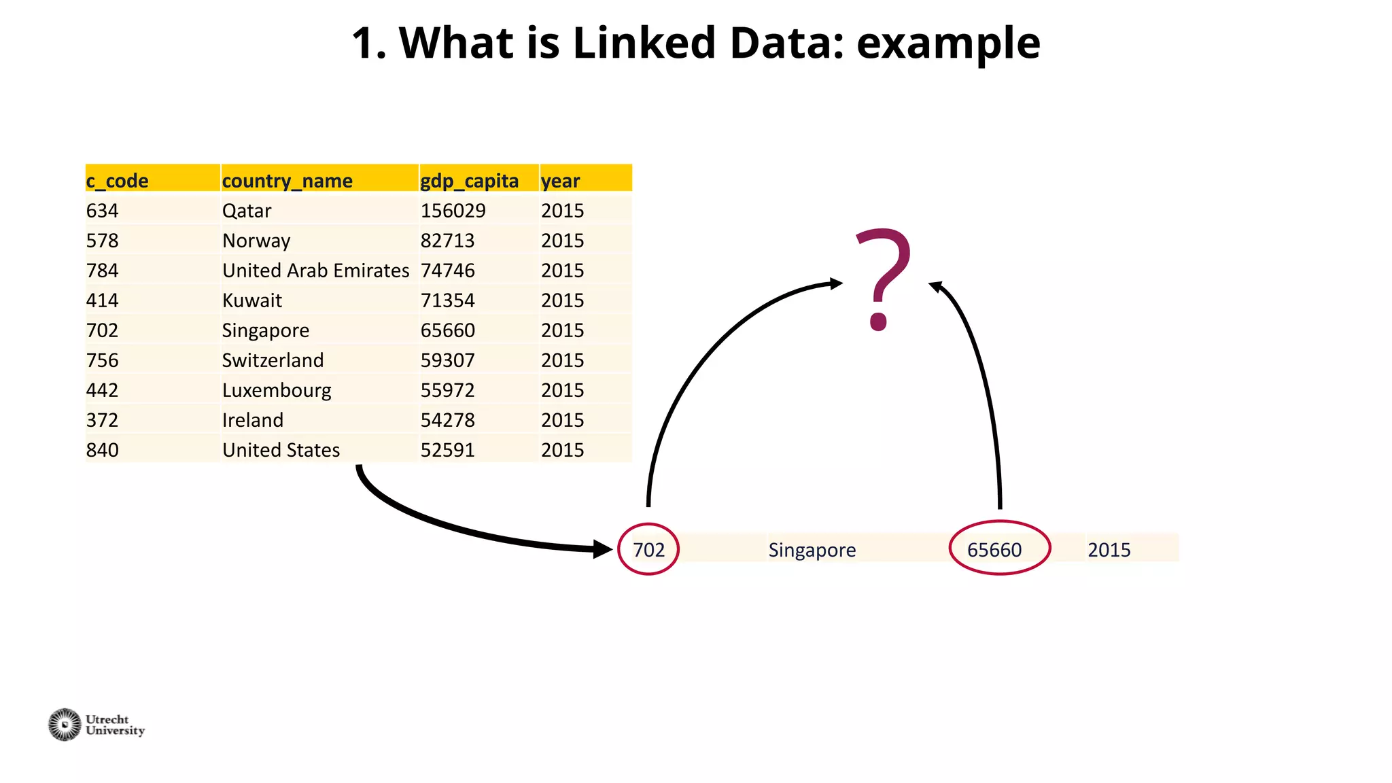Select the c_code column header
coord(117,181)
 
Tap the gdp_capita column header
coord(469,181)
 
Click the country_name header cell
coord(287,181)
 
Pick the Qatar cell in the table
coord(247,211)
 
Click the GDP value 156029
coord(453,211)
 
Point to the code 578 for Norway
coord(102,241)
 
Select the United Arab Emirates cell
coord(315,271)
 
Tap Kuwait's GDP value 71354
coord(447,300)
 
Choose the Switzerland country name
coord(273,360)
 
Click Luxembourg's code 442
coord(102,390)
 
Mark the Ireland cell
coord(252,420)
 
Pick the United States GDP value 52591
coord(447,450)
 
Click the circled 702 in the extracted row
coord(648,549)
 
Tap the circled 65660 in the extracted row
coord(994,549)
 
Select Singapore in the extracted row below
coord(812,549)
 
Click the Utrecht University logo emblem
coord(65,725)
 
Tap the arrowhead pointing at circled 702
coord(602,549)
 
